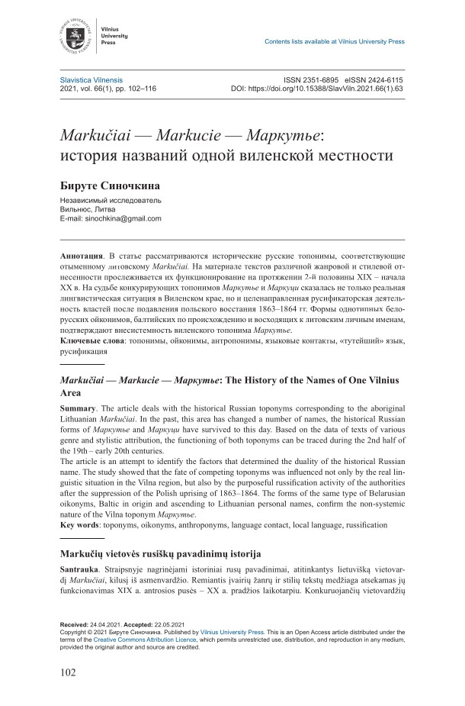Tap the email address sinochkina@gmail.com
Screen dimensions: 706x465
[x=122, y=218]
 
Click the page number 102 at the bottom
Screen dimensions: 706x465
[x=70, y=673]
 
